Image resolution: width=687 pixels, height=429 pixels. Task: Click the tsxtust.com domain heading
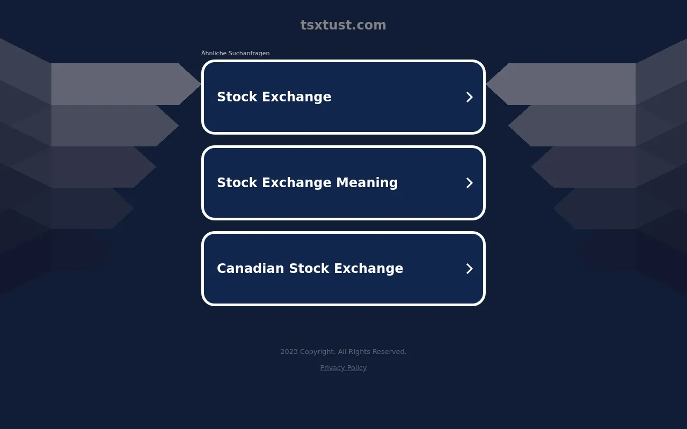[343, 25]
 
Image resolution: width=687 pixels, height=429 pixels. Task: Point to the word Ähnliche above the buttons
[214, 53]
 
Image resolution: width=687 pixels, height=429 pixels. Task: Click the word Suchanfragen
[249, 53]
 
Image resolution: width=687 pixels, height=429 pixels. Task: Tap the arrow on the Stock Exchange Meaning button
[469, 183]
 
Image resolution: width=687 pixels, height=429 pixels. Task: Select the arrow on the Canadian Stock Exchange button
[469, 269]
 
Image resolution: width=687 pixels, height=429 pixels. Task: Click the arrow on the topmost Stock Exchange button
[469, 97]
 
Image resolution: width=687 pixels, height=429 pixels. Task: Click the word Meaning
[367, 183]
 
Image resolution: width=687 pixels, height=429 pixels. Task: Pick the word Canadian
[251, 269]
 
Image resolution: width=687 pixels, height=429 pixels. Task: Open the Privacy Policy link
[343, 368]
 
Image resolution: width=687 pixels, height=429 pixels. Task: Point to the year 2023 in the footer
[289, 351]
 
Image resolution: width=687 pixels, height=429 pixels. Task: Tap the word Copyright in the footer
[318, 352]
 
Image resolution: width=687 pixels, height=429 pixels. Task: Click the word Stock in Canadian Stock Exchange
[309, 269]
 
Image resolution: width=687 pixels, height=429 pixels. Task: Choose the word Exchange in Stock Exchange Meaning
[297, 183]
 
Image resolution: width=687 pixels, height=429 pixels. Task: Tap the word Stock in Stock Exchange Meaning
[237, 183]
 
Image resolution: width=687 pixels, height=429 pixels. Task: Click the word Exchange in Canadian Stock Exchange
[369, 269]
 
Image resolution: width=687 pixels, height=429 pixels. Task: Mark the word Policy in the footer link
[357, 368]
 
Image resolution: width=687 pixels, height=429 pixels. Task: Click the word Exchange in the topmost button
[297, 97]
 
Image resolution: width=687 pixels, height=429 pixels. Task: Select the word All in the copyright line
[342, 351]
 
